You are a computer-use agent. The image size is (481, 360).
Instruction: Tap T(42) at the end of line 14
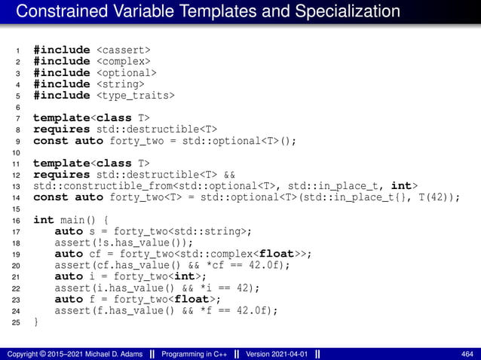[430, 197]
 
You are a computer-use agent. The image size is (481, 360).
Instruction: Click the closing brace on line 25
[36, 322]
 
